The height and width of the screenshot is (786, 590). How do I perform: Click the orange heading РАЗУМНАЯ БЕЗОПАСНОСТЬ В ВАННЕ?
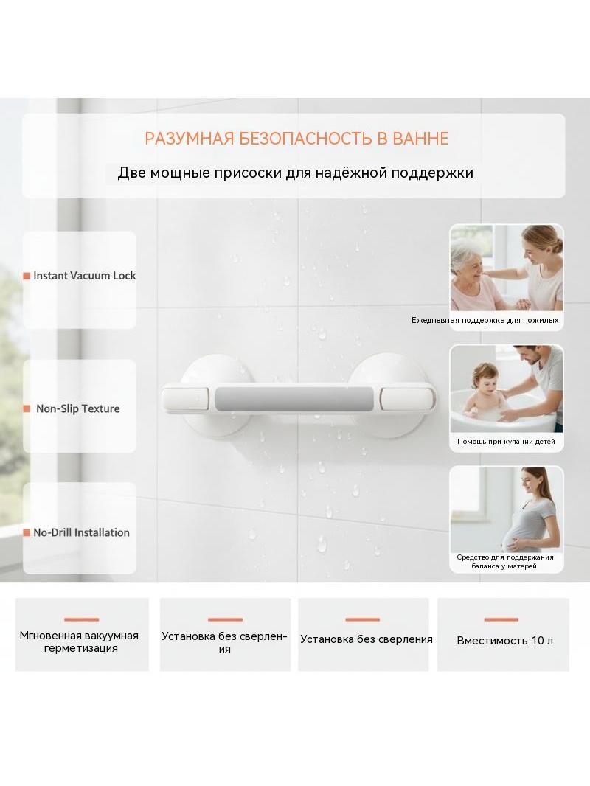click(x=296, y=139)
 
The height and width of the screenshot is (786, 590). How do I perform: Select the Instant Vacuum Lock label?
click(x=84, y=276)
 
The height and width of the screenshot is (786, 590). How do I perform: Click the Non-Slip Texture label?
click(x=77, y=408)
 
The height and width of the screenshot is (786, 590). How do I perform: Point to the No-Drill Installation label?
click(x=81, y=532)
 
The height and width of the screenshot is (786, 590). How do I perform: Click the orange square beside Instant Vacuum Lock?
click(x=27, y=276)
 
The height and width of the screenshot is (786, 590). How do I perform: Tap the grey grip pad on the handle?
click(x=295, y=399)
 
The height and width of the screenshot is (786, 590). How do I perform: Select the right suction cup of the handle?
click(x=388, y=395)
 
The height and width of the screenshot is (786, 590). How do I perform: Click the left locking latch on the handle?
click(x=185, y=400)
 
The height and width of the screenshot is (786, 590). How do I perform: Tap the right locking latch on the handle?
click(x=407, y=399)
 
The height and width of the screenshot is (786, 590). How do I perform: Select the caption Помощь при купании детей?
click(x=506, y=442)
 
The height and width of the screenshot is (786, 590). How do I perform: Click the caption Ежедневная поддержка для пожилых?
click(x=485, y=320)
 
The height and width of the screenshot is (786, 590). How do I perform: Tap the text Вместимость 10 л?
click(x=504, y=641)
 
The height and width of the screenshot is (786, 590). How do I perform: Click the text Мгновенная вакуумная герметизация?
click(x=79, y=641)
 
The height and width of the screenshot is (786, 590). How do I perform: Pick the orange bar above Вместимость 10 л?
click(x=502, y=619)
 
